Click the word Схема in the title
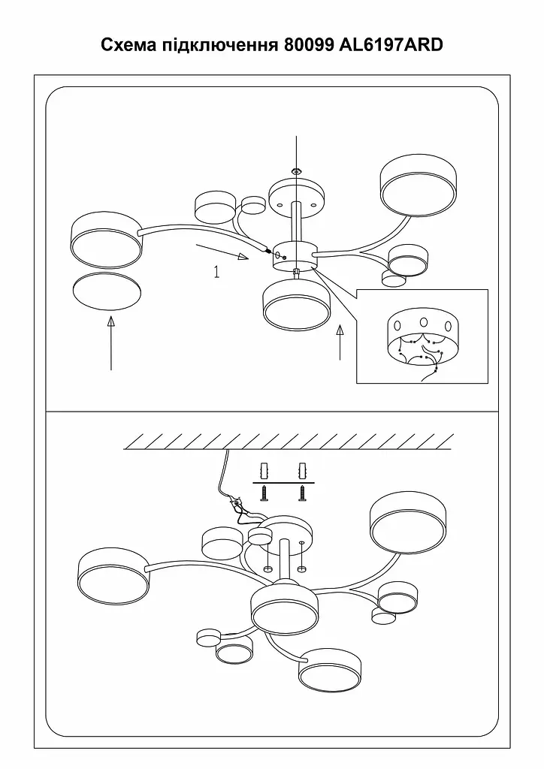[x=129, y=44]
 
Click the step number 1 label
[x=216, y=271]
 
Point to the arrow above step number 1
[x=222, y=251]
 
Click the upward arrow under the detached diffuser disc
[x=111, y=342]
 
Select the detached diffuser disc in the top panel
[x=107, y=291]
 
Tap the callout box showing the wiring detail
[x=422, y=336]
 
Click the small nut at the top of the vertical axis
[x=296, y=171]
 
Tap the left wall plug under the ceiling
[x=265, y=472]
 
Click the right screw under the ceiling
[x=301, y=493]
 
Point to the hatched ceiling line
[x=289, y=442]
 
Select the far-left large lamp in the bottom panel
[x=113, y=574]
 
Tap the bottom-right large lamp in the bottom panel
[x=330, y=669]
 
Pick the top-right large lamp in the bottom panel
[x=408, y=525]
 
